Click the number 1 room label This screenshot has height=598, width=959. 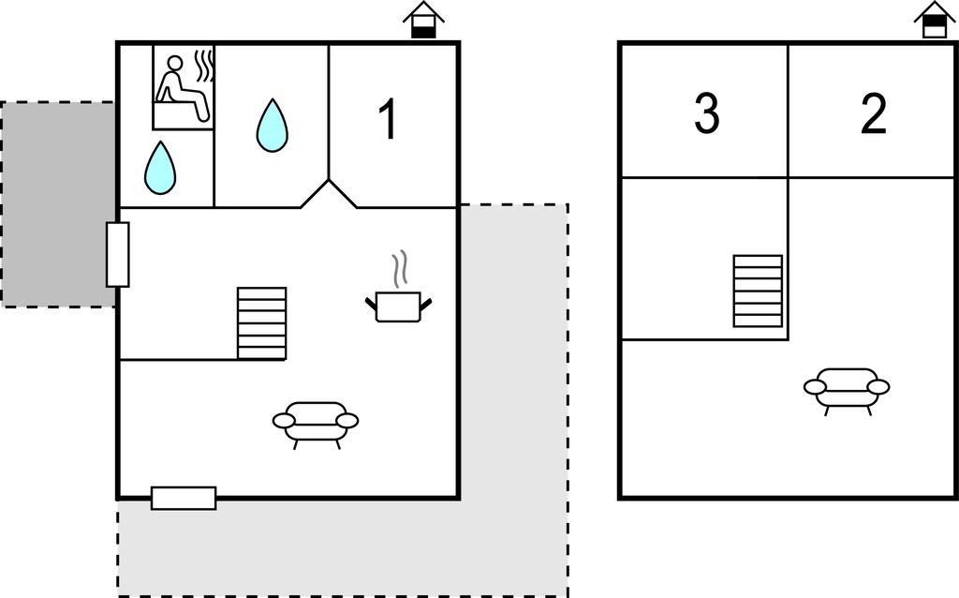click(388, 120)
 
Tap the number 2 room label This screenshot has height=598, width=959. click(873, 114)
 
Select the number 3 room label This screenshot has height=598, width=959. click(707, 114)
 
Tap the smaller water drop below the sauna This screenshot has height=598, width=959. click(160, 168)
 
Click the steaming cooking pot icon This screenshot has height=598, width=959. click(398, 305)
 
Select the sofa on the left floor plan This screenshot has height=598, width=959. click(316, 423)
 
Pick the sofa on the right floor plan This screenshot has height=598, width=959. click(847, 388)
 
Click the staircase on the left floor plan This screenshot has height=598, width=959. click(261, 322)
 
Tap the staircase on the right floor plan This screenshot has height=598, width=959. click(758, 291)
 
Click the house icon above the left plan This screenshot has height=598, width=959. click(423, 20)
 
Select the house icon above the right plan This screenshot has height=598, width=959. click(934, 20)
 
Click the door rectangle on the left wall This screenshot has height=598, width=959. click(118, 254)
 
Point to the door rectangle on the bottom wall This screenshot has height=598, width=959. click(184, 498)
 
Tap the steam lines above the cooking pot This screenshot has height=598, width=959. click(400, 269)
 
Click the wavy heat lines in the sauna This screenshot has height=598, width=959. click(204, 67)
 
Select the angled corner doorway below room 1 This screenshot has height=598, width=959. click(329, 194)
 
